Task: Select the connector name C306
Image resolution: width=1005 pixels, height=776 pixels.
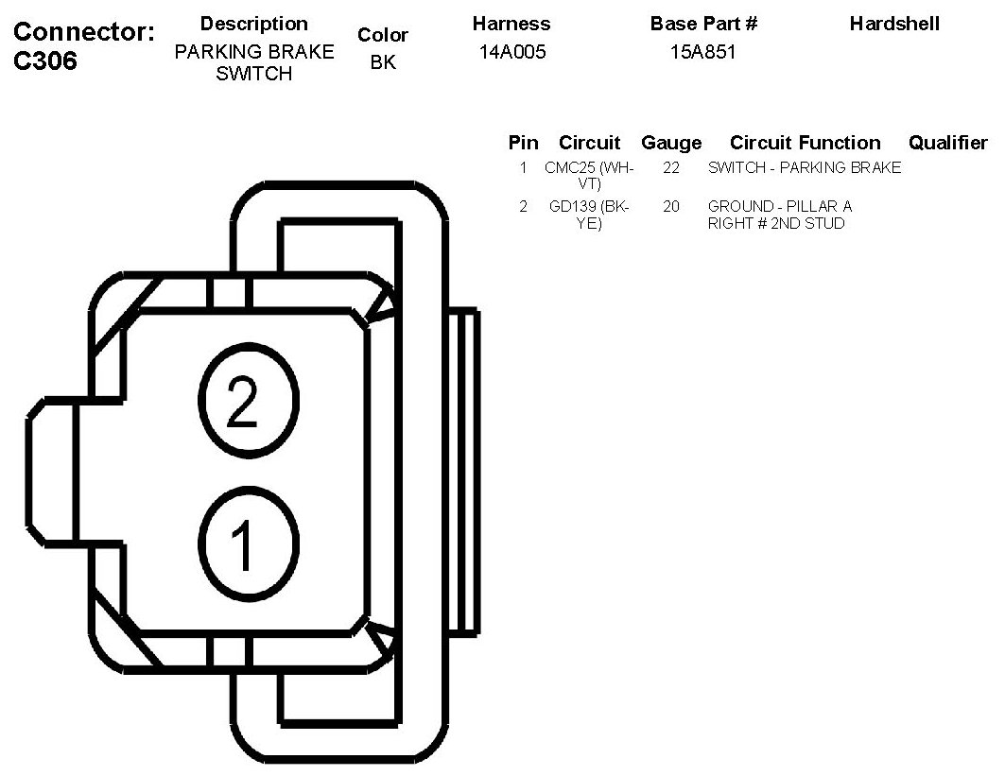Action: (46, 61)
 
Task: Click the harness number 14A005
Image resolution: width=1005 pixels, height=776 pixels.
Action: (511, 53)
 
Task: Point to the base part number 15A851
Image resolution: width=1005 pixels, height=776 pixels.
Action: (702, 53)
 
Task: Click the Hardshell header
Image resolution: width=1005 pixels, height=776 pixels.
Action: (893, 25)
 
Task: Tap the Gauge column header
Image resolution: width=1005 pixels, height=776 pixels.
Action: (671, 144)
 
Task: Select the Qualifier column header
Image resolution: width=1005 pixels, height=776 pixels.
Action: (947, 144)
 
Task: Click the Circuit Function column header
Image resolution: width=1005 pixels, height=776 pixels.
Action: (805, 144)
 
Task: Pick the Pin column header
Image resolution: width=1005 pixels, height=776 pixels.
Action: (523, 144)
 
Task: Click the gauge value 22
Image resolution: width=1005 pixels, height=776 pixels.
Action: (671, 168)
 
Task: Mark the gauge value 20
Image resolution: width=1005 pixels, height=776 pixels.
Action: (671, 206)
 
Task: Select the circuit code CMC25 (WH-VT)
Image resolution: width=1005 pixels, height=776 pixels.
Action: (589, 176)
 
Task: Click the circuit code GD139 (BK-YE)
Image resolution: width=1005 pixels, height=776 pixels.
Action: (589, 215)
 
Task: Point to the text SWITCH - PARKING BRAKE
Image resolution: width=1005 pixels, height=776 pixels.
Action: (804, 168)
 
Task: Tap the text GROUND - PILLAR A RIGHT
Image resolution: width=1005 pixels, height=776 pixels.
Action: (779, 215)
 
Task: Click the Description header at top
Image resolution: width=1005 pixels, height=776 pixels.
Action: (253, 25)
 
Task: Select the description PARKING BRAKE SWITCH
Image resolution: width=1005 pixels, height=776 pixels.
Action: (253, 62)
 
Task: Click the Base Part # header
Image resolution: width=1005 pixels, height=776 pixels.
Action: (703, 25)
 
